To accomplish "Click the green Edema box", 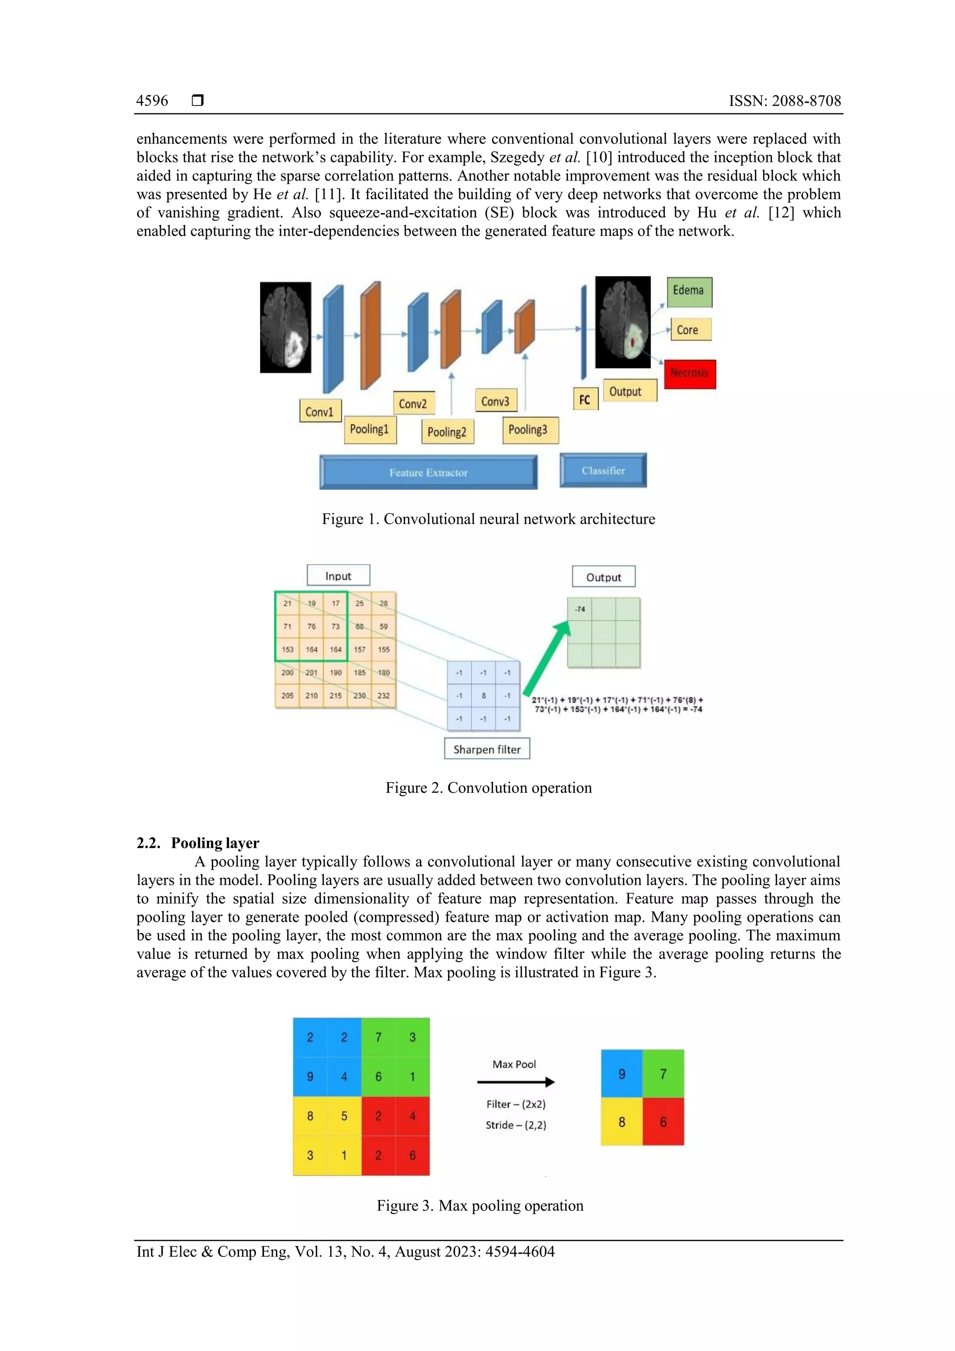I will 689,292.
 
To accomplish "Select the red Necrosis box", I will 690,374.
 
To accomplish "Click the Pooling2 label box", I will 447,432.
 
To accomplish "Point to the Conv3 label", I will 495,401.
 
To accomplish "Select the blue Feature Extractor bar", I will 429,472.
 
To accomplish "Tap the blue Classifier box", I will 603,470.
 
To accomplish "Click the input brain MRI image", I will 285,327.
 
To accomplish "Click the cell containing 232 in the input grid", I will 384,695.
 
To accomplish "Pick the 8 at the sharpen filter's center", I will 484,695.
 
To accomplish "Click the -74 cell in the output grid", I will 580,609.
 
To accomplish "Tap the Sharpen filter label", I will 487,749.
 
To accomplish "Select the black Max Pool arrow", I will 515,1081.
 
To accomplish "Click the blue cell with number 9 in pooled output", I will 622,1074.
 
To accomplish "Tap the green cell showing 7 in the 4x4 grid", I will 378,1037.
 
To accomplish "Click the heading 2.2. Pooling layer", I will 198,843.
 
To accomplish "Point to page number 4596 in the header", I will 152,101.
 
